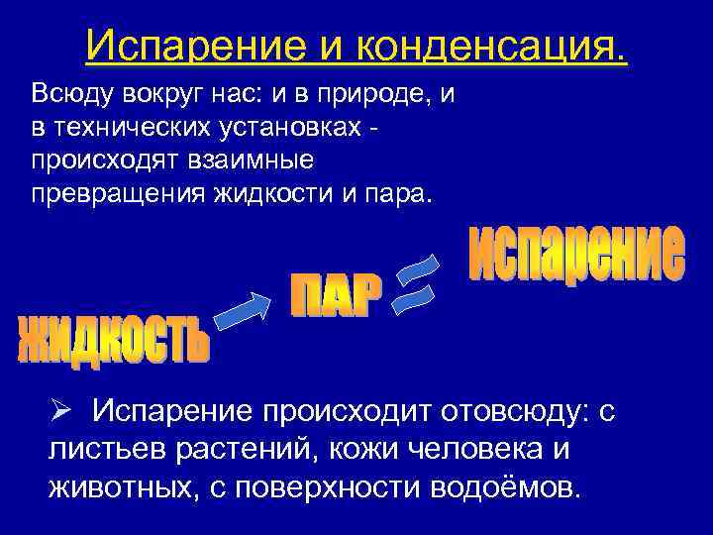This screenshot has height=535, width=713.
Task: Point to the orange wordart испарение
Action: coord(574,254)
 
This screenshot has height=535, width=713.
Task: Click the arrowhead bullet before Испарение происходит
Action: coord(62,410)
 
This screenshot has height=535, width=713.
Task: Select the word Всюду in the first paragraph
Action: coord(70,96)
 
